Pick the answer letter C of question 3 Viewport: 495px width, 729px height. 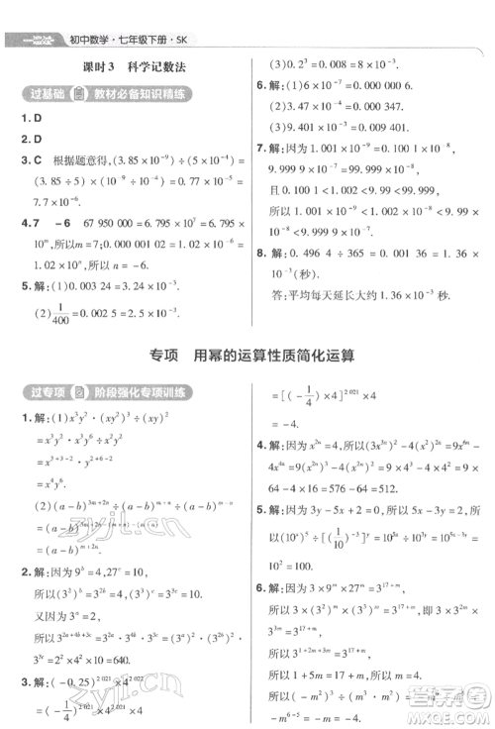(37, 159)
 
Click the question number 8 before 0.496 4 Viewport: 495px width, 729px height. (259, 254)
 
